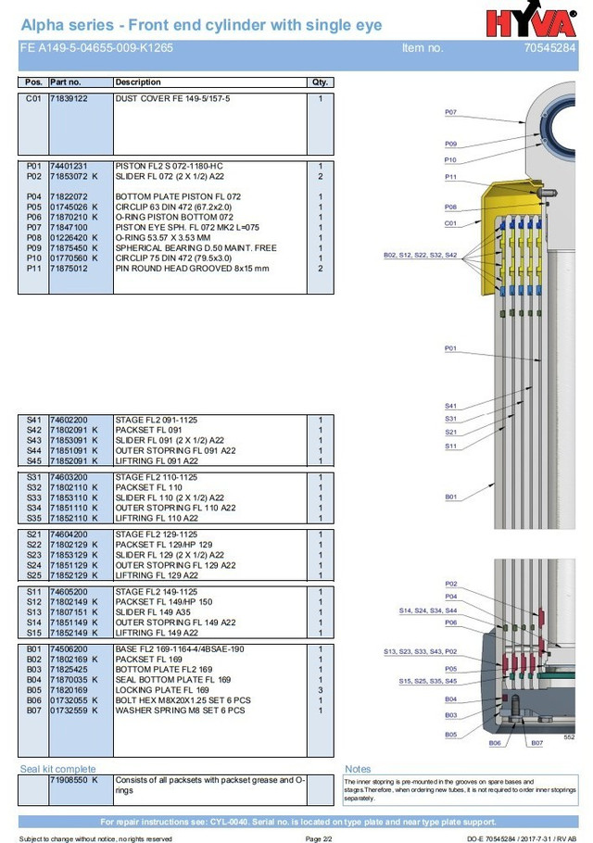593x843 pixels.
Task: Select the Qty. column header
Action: [321, 82]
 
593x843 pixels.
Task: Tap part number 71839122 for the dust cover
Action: [69, 98]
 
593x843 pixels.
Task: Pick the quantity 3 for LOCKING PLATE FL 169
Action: [321, 690]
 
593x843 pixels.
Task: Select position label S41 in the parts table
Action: [33, 420]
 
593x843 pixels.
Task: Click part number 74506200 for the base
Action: [69, 649]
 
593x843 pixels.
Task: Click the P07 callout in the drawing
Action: [450, 112]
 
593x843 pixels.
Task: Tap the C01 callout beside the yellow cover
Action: [450, 223]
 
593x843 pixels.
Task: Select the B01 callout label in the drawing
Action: [450, 497]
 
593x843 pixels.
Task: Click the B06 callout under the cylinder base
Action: [495, 743]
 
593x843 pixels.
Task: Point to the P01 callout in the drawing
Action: [450, 348]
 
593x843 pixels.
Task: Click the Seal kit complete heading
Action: [57, 769]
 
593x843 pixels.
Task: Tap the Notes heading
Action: [358, 769]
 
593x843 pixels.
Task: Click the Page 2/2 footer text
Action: [319, 838]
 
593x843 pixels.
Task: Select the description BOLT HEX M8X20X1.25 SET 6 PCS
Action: [183, 700]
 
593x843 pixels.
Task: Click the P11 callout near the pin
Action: [450, 177]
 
